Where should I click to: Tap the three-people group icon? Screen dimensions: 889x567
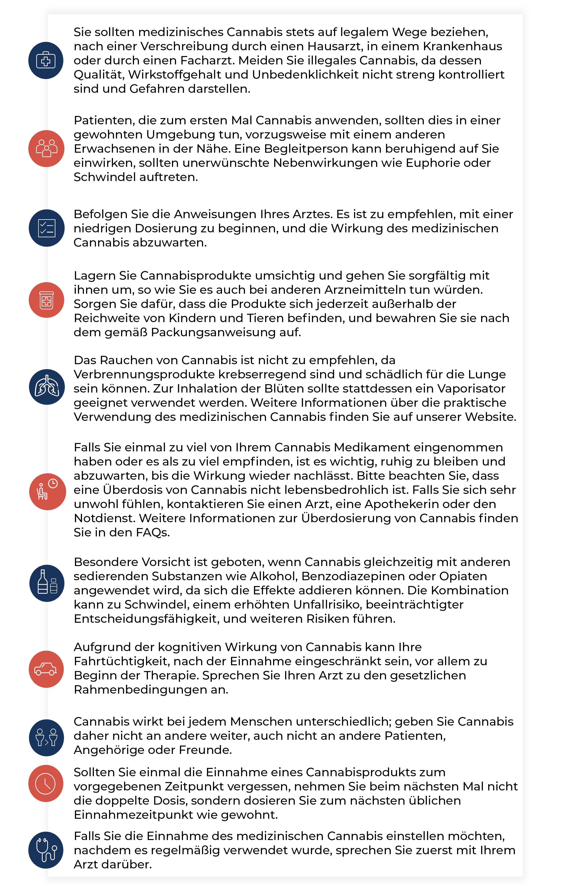pos(47,148)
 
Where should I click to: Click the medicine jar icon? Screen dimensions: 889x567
pos(47,300)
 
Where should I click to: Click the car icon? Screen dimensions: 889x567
pos(46,669)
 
